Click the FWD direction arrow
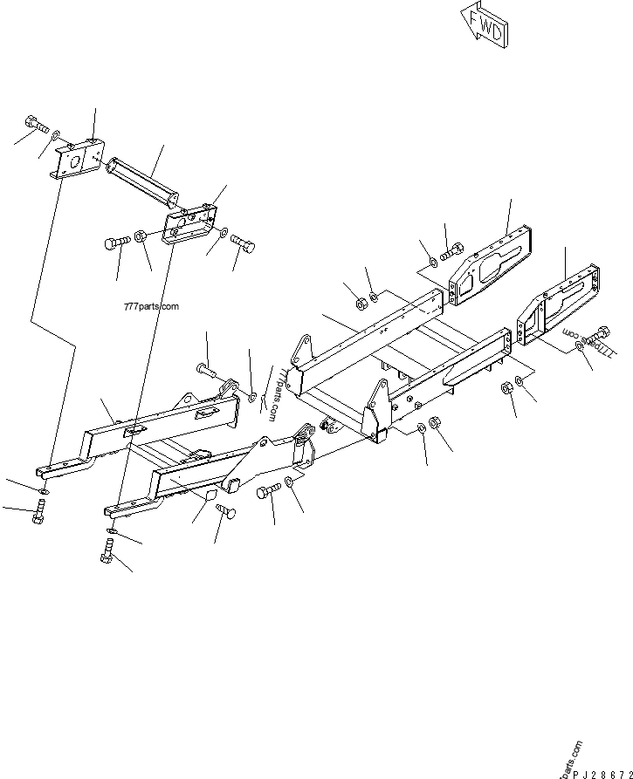pos(483,25)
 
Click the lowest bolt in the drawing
pos(107,550)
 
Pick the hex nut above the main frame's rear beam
pos(359,304)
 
